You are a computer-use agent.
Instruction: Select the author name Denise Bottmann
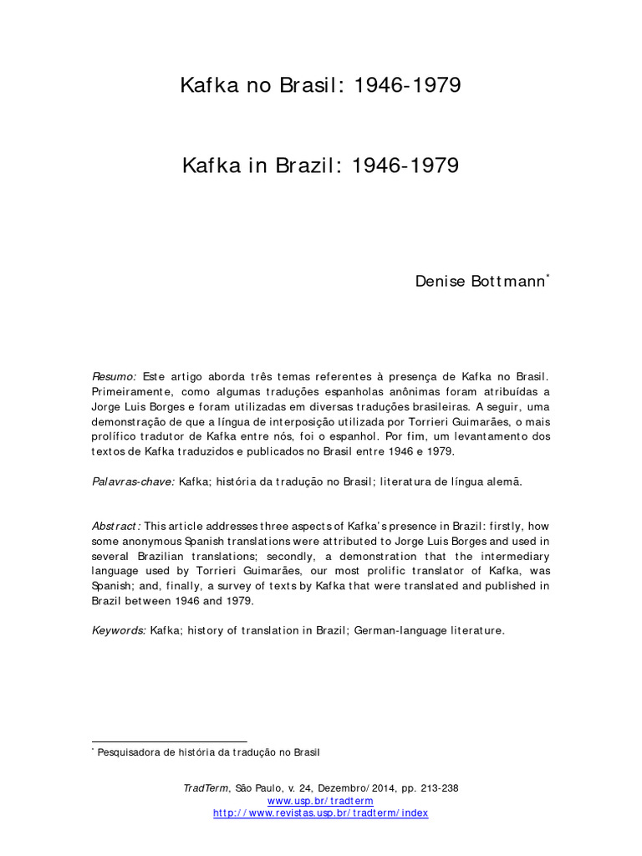(x=480, y=281)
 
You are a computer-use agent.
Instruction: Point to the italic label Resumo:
(x=114, y=377)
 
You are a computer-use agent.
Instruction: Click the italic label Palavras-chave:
(x=133, y=481)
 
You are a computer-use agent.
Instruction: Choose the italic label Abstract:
(x=117, y=526)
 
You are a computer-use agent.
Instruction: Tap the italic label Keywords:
(x=119, y=630)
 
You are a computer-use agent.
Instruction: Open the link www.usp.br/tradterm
(x=320, y=801)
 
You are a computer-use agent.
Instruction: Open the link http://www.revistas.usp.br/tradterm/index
(x=320, y=813)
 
